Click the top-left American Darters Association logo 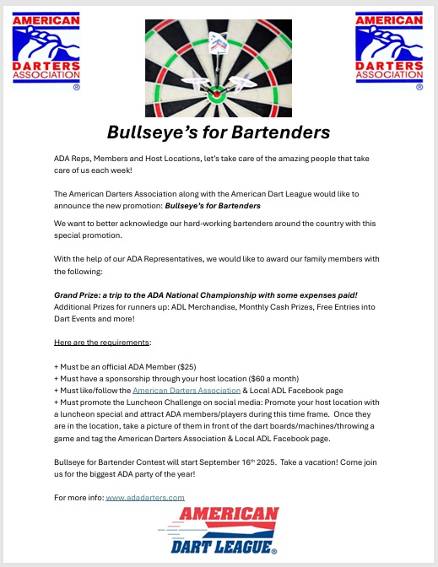point(47,50)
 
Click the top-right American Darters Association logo point(389,50)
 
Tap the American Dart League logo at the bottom point(219,532)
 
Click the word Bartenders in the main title point(279,132)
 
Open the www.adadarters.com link point(145,498)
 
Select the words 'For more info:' point(78,498)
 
